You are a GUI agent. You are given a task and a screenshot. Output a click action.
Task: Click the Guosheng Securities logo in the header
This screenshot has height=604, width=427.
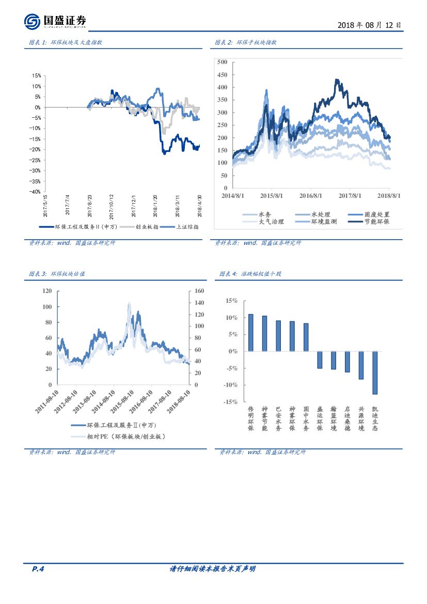[55, 22]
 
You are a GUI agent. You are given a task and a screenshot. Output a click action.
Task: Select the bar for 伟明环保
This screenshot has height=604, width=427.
[251, 332]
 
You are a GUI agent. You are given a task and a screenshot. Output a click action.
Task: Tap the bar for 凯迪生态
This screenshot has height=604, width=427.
[375, 373]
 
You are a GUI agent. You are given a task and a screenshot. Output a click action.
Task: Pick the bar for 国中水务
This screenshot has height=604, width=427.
[306, 337]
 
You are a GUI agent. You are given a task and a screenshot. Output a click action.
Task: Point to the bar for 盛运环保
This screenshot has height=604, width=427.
[320, 360]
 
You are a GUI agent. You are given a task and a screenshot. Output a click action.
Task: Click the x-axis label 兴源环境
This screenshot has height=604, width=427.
[361, 419]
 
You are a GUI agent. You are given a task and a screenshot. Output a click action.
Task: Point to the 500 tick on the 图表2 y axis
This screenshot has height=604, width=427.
[223, 62]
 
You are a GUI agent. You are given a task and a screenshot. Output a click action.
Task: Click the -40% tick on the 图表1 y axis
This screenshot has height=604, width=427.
[35, 192]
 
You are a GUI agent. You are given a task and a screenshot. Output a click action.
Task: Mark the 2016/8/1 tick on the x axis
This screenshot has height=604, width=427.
[311, 196]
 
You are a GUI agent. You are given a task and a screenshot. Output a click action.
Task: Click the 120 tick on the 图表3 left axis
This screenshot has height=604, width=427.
[47, 291]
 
